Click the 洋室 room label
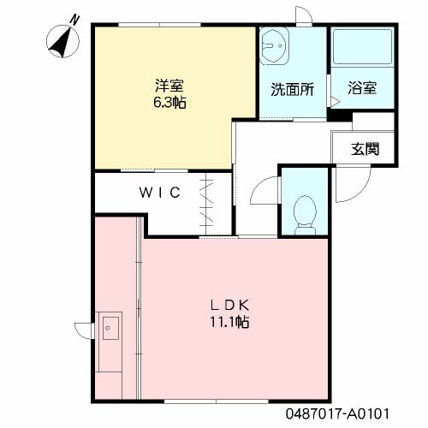(x=169, y=86)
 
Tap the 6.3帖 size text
(x=169, y=102)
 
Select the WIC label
(x=160, y=192)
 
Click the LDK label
(x=230, y=306)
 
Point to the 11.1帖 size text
(x=229, y=322)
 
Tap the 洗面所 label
(x=293, y=89)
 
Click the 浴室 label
(x=362, y=88)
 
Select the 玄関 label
(x=365, y=149)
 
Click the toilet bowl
(x=305, y=215)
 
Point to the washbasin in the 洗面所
(x=275, y=46)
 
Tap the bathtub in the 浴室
(x=362, y=47)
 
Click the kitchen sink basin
(x=110, y=328)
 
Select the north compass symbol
(x=62, y=42)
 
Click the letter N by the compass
(x=74, y=20)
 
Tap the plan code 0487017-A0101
(x=337, y=413)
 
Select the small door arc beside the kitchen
(x=80, y=333)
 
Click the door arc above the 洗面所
(x=307, y=11)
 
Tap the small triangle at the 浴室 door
(x=336, y=102)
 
